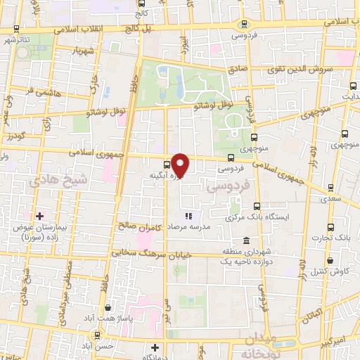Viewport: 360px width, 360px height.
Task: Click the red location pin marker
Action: point(181,165)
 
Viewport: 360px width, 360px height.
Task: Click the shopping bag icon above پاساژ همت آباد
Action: point(106,307)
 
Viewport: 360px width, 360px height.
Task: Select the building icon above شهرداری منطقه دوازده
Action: point(245,240)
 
